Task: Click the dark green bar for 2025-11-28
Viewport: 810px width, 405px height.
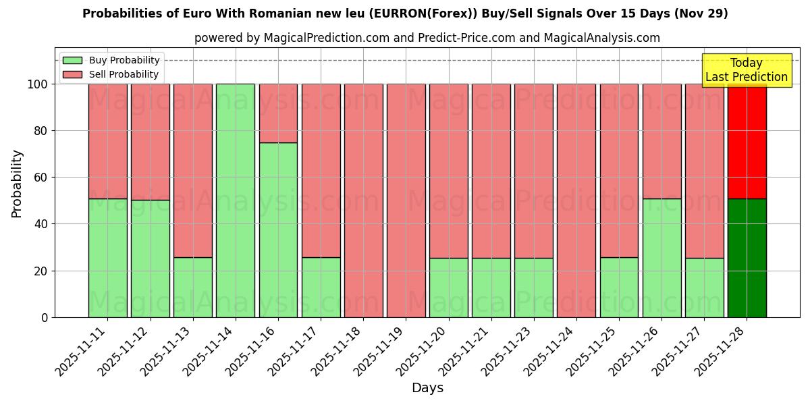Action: pos(747,258)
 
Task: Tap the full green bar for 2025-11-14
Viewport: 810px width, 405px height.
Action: pos(236,200)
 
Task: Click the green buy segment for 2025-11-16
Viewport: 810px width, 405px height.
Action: pos(278,230)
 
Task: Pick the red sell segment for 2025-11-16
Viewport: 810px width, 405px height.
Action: pos(278,113)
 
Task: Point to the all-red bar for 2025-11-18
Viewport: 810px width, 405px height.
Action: pos(363,200)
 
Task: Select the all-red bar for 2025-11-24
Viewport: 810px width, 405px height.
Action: pos(576,200)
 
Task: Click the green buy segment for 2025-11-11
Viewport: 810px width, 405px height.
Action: pos(107,258)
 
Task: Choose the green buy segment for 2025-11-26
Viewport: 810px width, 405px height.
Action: pos(661,258)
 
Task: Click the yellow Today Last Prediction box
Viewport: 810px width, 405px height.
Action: pos(746,70)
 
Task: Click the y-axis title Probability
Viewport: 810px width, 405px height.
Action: pos(17,184)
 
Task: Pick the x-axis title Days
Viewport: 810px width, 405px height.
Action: pos(427,388)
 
